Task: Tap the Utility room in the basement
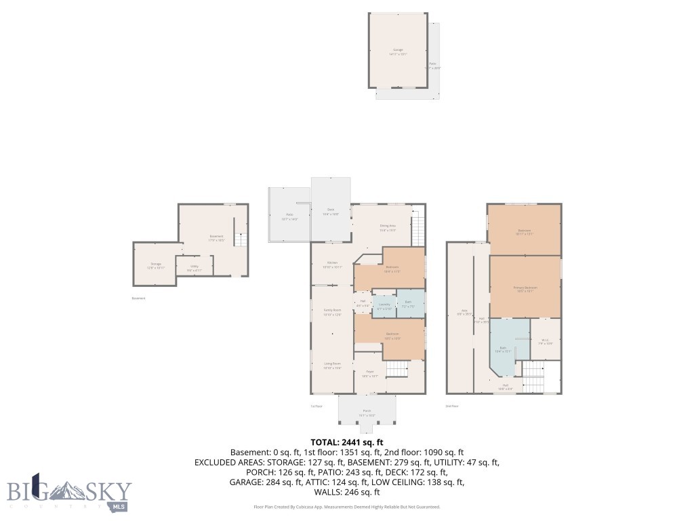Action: tap(194, 267)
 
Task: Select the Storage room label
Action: tap(156, 266)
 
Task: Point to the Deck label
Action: tap(331, 211)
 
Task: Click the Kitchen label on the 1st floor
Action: tap(332, 265)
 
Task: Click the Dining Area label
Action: tap(387, 227)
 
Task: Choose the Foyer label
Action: tap(370, 373)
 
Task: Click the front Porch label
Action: tap(367, 412)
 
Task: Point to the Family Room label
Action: tap(332, 312)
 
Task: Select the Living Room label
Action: tap(332, 366)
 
